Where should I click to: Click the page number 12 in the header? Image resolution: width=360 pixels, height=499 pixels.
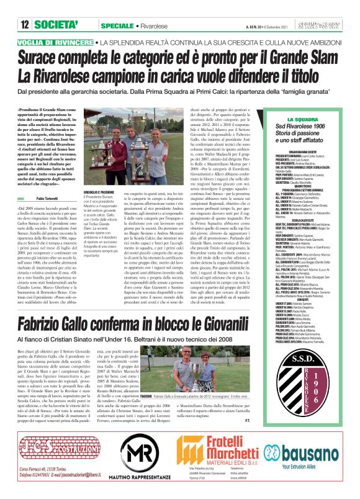tap(25, 8)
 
